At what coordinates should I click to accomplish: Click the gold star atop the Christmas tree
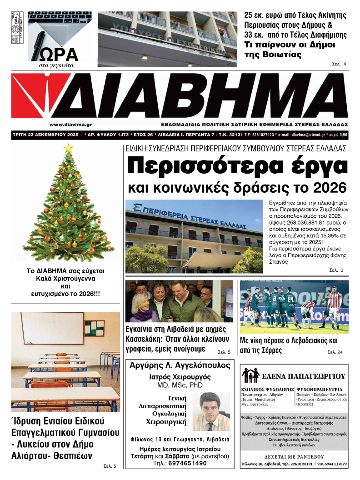point(69,148)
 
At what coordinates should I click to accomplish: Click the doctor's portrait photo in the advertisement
point(211,411)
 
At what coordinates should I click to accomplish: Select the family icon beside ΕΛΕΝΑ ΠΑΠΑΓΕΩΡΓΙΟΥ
point(250,375)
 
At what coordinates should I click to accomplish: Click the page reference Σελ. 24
point(335,352)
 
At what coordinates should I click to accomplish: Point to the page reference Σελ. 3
point(336,271)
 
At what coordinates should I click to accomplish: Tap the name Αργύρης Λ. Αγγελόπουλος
point(180,366)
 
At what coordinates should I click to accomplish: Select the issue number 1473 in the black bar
point(125,135)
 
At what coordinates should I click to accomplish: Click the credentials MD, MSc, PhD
point(180,385)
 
